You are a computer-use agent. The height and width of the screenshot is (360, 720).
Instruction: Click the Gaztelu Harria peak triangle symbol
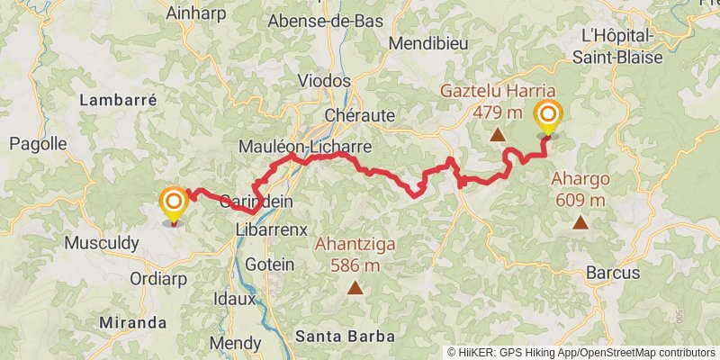coord(498,135)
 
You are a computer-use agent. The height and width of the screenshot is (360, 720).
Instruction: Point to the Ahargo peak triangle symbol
coord(580,221)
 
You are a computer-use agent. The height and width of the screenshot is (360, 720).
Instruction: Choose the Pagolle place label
coord(38,143)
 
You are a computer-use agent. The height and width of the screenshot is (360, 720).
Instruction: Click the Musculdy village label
coord(102,243)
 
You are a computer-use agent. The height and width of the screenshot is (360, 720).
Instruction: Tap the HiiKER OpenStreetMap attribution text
coord(581,352)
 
